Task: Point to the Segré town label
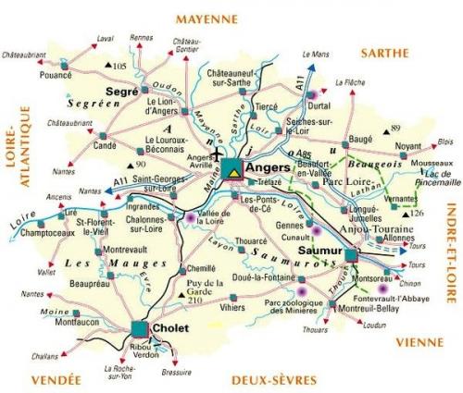pyautogui.click(x=122, y=92)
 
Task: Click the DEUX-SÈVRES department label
pyautogui.click(x=261, y=379)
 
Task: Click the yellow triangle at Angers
pyautogui.click(x=234, y=170)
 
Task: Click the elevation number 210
pyautogui.click(x=194, y=301)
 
